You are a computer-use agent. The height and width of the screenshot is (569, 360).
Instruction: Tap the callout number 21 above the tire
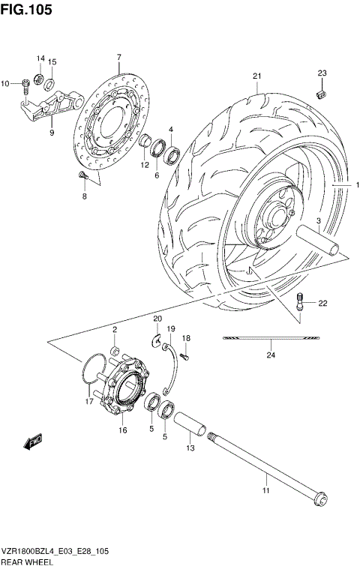pyautogui.click(x=256, y=76)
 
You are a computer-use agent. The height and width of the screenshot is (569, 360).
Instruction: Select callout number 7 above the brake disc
pyautogui.click(x=118, y=58)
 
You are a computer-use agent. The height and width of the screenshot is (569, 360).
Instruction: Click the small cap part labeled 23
pyautogui.click(x=322, y=94)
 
